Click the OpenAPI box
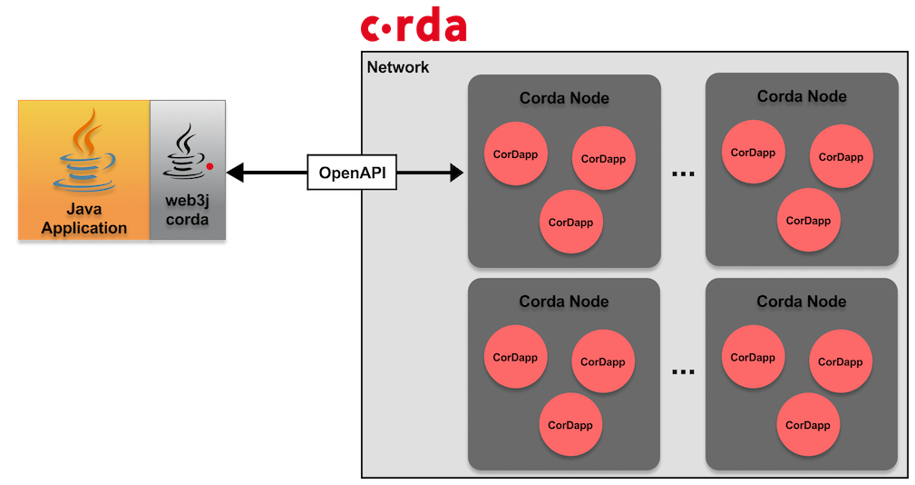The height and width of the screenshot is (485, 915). click(x=352, y=173)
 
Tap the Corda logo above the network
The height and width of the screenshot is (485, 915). click(x=414, y=25)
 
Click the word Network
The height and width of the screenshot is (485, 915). click(x=398, y=67)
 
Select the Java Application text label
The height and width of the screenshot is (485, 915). click(x=84, y=219)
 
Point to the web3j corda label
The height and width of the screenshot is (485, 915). click(x=188, y=210)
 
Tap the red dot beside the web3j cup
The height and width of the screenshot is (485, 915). click(x=209, y=166)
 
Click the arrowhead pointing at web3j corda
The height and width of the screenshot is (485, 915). click(x=235, y=173)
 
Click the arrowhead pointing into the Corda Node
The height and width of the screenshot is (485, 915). click(x=457, y=173)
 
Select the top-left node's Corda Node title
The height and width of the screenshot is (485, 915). click(x=564, y=98)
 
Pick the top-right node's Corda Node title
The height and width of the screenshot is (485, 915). click(x=802, y=96)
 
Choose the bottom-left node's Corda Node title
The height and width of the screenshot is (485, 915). click(x=564, y=302)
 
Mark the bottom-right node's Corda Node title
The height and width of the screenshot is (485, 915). click(x=802, y=302)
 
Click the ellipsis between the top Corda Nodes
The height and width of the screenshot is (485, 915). click(x=684, y=173)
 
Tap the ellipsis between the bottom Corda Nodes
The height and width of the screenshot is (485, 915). click(x=684, y=371)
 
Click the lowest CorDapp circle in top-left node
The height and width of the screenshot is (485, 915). click(x=570, y=222)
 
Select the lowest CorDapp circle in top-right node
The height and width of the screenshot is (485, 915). click(x=808, y=221)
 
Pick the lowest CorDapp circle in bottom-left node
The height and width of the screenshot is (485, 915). click(x=570, y=425)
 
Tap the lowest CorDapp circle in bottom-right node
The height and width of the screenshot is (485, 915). click(x=808, y=425)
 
